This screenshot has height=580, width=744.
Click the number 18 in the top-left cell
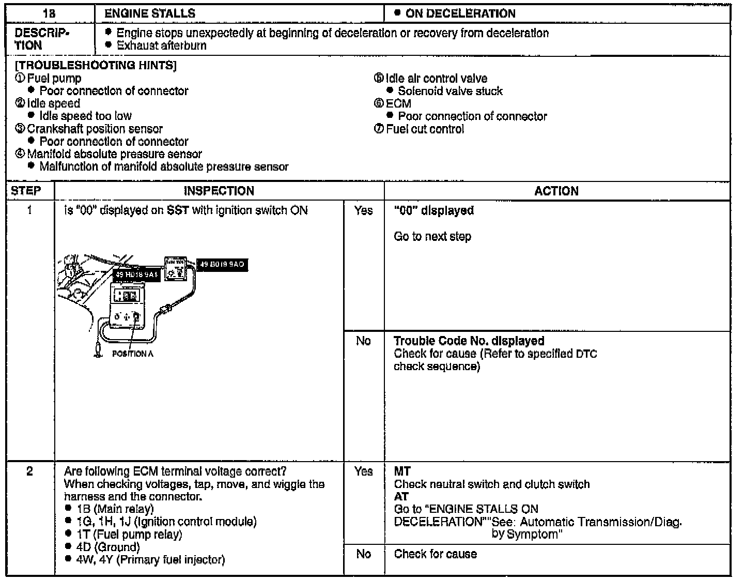50,13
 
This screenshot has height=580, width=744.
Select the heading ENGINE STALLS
150,13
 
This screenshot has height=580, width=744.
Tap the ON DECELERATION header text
460,13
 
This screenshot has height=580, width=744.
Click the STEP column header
26,191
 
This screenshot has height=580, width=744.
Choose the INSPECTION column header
219,191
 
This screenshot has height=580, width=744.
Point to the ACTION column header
556,191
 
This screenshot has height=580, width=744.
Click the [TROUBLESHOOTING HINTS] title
96,66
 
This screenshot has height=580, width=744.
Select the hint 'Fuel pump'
54,79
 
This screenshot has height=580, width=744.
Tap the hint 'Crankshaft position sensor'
95,129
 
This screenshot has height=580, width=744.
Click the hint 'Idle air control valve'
436,79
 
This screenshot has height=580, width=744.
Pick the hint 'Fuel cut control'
425,129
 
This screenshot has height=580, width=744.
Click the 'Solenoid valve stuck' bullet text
450,91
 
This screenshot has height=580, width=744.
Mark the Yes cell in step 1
363,210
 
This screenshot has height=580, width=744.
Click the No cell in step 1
363,341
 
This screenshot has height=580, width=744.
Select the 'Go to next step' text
432,237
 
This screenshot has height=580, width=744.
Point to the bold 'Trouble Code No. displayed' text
469,341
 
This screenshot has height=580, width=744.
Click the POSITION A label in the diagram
132,354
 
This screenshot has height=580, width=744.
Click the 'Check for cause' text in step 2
435,554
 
